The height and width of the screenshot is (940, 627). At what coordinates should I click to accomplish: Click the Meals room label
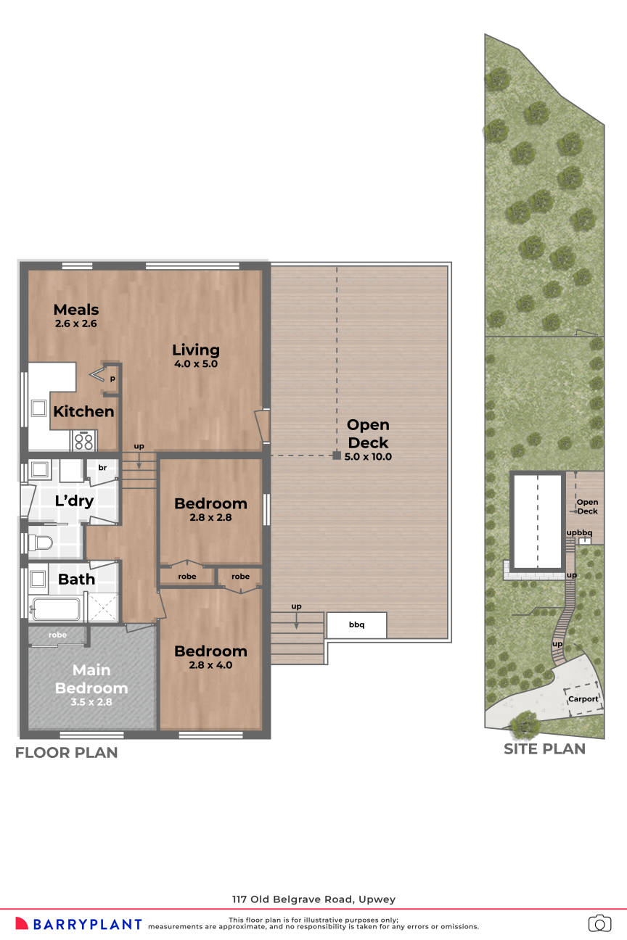75,310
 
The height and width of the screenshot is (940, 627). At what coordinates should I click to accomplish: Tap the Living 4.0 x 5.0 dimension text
195,364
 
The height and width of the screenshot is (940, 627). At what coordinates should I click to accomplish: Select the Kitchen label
83,411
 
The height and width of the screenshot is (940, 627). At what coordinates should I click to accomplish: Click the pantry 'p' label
112,379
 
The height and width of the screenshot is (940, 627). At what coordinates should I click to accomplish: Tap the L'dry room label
74,500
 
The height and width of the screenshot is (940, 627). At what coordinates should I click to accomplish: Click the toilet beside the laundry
42,543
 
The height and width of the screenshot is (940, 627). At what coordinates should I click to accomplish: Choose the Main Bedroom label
91,679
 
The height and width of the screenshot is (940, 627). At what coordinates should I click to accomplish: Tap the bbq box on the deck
356,624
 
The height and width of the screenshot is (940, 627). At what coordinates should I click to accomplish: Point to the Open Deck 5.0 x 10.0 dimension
368,457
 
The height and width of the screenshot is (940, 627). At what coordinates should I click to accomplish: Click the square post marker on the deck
337,455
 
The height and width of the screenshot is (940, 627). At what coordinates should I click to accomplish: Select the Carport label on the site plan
583,699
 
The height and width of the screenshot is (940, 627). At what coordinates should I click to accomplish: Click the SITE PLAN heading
544,749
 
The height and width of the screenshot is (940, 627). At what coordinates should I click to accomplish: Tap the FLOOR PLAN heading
66,753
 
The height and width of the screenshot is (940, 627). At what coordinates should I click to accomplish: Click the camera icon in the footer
599,923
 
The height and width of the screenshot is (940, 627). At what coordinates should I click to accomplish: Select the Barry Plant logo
78,924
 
